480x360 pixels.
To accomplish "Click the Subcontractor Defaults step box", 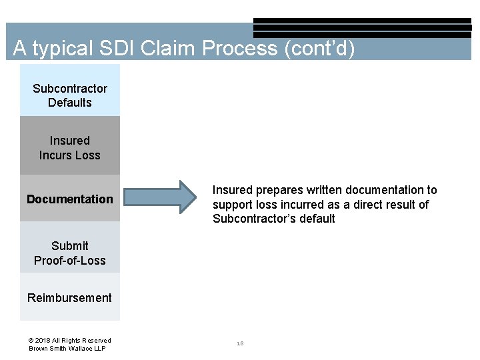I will (70, 95).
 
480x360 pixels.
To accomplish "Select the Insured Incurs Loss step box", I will (70, 147).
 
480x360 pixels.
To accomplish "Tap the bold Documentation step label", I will (70, 199).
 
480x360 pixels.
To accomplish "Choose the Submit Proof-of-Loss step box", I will (70, 253).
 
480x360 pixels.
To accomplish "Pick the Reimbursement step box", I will (70, 297).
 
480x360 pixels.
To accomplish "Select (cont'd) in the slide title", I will (319, 49).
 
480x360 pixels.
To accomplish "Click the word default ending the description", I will (318, 219).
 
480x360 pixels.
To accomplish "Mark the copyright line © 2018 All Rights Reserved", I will (70, 340).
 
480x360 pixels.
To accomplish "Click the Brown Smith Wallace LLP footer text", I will (67, 349).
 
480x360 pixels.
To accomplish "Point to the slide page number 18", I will (240, 344).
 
